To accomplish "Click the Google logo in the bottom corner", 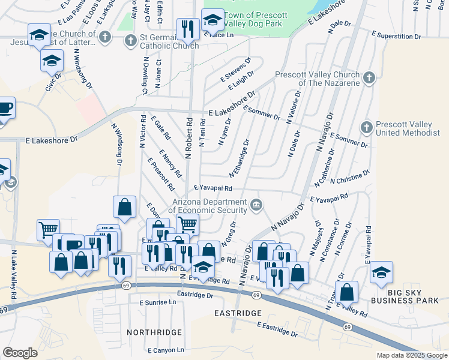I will (x=20, y=353).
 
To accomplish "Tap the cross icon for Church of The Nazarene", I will (x=369, y=77).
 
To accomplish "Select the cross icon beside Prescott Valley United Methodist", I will (x=366, y=127).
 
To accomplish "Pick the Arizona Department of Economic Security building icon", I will (x=256, y=205).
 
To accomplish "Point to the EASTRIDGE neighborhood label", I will (x=238, y=313).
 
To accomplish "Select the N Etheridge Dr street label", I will (x=239, y=159).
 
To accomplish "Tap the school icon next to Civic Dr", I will (x=52, y=60).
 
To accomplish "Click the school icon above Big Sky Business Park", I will (x=381, y=272).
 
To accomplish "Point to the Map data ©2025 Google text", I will (x=411, y=355).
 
